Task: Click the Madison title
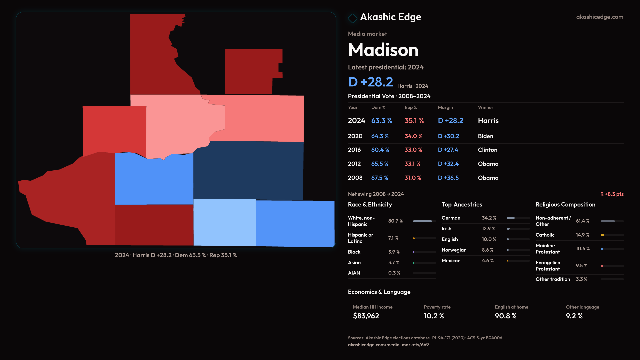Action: (383, 50)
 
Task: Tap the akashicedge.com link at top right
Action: (599, 17)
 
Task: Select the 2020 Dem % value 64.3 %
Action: (380, 136)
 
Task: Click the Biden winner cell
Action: (485, 136)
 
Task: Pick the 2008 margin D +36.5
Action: (448, 178)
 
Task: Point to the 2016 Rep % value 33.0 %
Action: (413, 150)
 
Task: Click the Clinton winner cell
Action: (487, 150)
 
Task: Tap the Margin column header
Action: (445, 107)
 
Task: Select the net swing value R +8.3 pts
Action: (612, 194)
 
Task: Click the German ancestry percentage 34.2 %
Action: (489, 218)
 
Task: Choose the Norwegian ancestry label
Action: (454, 250)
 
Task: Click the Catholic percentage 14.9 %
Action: (582, 235)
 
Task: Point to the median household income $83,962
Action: (366, 316)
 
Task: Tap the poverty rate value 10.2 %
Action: (434, 316)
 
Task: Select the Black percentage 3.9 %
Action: (394, 252)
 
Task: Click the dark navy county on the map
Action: (248, 170)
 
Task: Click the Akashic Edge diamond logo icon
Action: (352, 18)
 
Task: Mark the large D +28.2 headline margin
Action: (370, 82)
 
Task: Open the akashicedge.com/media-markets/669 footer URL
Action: (388, 345)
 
